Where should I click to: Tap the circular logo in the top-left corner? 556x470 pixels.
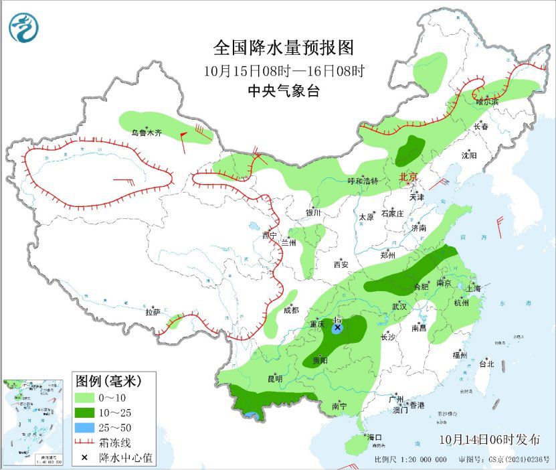pos(24,27)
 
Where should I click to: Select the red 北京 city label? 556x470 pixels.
pos(407,177)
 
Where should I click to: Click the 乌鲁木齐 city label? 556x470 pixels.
pos(146,133)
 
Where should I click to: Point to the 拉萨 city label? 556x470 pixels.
pos(153,311)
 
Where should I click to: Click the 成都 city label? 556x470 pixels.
pos(291,310)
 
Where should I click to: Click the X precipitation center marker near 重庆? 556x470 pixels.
pos(338,327)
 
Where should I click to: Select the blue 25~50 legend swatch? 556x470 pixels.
pos(86,426)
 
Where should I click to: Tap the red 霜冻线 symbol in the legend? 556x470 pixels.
pos(86,442)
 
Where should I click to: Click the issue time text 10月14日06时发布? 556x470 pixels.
pos(490,440)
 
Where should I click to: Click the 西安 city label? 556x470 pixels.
pos(341,264)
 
